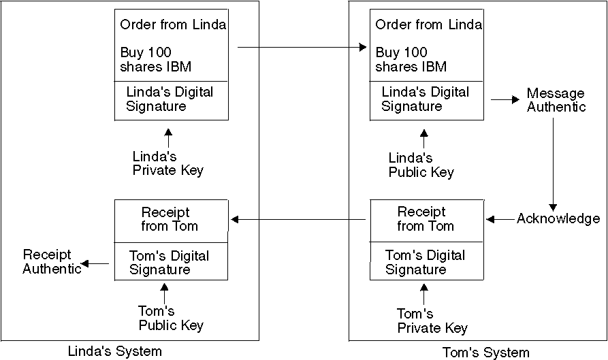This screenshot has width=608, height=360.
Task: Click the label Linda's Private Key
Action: coord(167,163)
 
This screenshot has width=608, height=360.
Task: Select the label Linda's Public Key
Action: coord(421,165)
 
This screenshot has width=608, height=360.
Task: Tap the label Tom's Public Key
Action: coord(171,318)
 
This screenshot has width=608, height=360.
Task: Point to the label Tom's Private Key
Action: coord(432,321)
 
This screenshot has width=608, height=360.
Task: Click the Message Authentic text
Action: coord(556,99)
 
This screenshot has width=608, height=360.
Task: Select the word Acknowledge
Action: coord(558,218)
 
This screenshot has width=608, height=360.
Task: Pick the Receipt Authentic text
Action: coord(52,261)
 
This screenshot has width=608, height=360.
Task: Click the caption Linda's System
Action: coord(115,351)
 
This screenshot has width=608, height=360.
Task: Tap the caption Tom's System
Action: coord(485,352)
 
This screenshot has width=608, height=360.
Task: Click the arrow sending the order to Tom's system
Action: coord(301,48)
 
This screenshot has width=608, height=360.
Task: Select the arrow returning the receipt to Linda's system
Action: coord(300,219)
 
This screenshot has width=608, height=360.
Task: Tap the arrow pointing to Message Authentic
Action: coord(505,99)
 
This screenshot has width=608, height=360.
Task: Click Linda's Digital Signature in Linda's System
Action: coord(170,99)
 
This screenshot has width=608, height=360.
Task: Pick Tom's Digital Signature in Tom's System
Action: coord(425,262)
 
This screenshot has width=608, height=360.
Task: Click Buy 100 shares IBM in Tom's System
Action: coord(411,59)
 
